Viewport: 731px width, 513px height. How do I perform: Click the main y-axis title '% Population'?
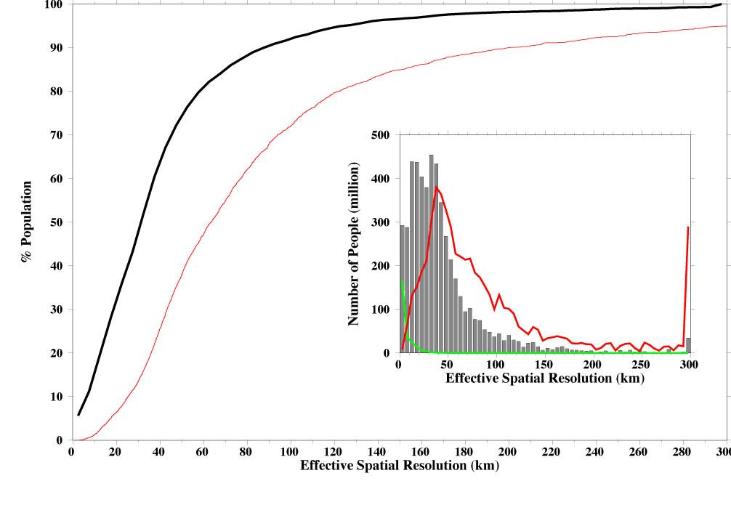pos(28,222)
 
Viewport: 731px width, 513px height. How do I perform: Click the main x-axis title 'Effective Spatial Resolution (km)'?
pos(399,464)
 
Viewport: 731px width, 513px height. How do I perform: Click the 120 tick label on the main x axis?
pos(334,451)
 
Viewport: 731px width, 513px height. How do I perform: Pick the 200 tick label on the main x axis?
pos(509,451)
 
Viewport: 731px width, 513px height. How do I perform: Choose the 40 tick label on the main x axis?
pos(159,451)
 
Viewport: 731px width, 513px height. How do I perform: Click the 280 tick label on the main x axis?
pos(683,451)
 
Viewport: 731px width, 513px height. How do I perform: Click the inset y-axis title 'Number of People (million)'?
pos(354,243)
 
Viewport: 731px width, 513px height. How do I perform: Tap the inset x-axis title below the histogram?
pos(544,379)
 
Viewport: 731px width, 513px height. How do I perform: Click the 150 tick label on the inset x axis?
pos(544,365)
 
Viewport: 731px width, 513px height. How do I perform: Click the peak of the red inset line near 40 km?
pos(436,187)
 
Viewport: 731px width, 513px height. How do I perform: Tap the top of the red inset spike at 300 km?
pos(687,227)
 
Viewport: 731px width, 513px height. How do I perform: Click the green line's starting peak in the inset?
pos(402,281)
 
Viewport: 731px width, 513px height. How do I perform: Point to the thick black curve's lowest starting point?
pos(78,415)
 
